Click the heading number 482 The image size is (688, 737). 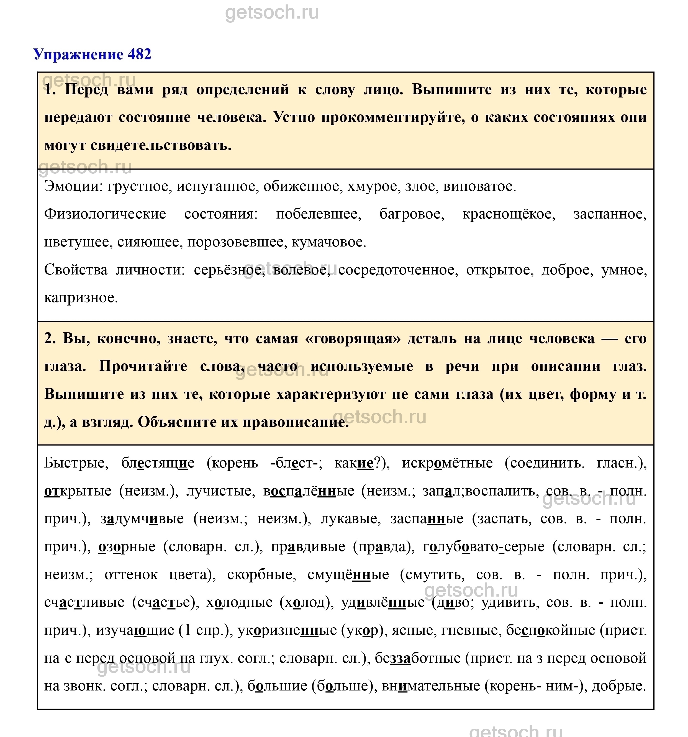coord(139,55)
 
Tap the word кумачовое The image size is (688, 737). coord(329,242)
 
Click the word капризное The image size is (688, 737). coord(81,298)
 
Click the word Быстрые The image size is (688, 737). coord(76,463)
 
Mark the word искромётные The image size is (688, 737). coord(447,463)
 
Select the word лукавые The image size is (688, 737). coord(351,519)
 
